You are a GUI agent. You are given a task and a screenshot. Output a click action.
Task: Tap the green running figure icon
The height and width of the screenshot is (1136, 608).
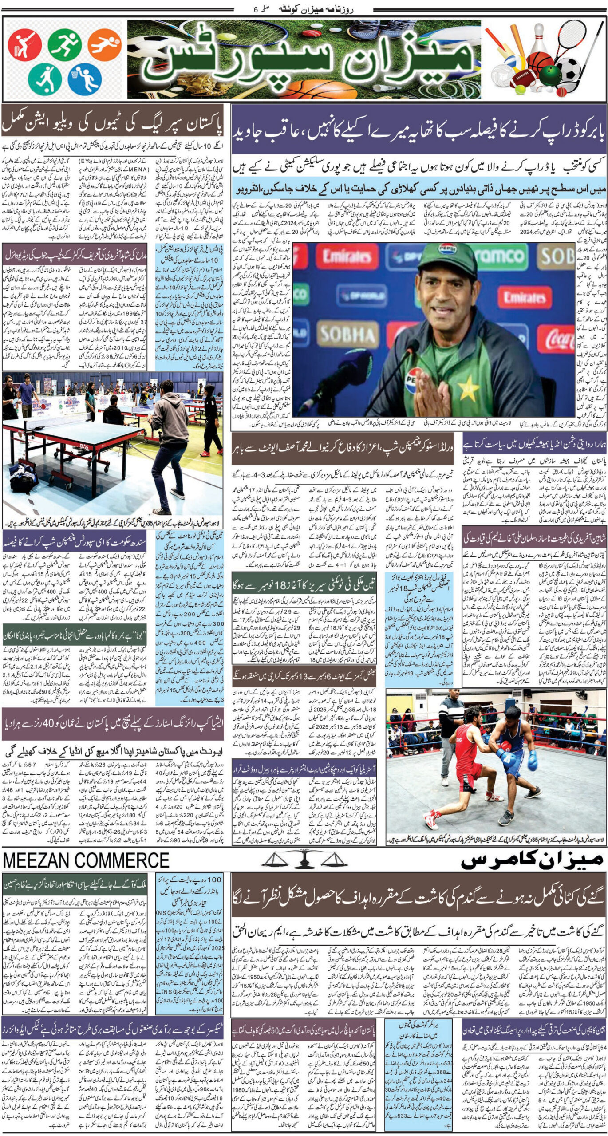(64, 46)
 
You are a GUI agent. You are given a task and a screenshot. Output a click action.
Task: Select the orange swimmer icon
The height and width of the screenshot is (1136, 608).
(104, 46)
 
